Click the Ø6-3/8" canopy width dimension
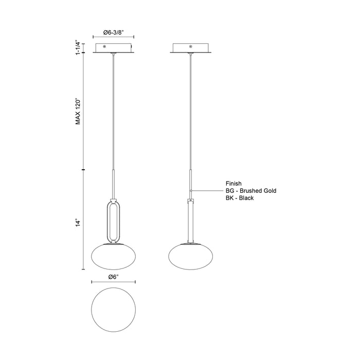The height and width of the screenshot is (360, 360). [x=114, y=32]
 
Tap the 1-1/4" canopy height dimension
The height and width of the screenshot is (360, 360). [x=78, y=48]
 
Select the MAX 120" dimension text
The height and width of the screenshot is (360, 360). [x=78, y=111]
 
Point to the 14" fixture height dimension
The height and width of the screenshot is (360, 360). [x=78, y=223]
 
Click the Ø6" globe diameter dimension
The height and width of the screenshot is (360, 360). [x=114, y=277]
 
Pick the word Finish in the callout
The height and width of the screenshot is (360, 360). [x=233, y=183]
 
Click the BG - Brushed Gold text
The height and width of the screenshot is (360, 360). [x=251, y=190]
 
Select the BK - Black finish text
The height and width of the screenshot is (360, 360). [x=240, y=198]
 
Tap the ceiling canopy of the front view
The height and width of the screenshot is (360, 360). [x=114, y=48]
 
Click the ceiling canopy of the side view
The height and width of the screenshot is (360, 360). [x=191, y=48]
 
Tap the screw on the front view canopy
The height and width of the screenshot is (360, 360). [x=105, y=47]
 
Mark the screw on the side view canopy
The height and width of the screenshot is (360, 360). [x=191, y=47]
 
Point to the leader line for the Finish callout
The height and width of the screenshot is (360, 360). [x=207, y=190]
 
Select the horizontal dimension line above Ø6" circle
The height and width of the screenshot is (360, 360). [x=113, y=282]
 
